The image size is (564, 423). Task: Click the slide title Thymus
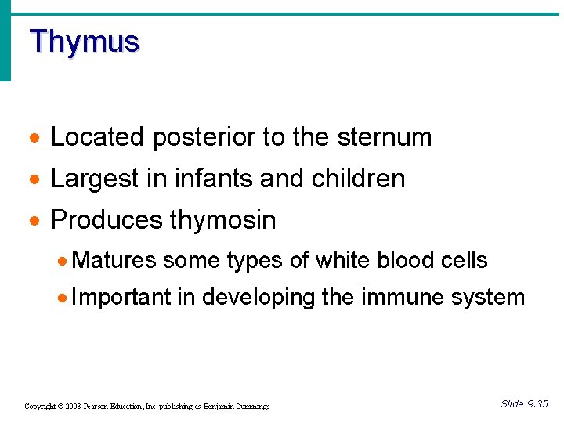[84, 41]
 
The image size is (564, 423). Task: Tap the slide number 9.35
[537, 404]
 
